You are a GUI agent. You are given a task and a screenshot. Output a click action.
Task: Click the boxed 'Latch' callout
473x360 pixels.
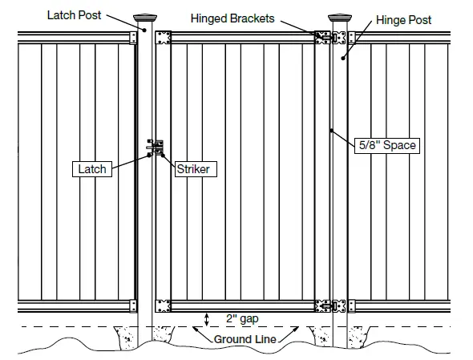tap(92, 169)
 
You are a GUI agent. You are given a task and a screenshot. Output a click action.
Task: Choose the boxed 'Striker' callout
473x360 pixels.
tap(192, 169)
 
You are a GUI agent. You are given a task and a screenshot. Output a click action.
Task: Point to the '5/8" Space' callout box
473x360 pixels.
tap(387, 146)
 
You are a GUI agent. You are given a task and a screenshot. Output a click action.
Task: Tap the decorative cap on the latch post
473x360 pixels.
tap(144, 18)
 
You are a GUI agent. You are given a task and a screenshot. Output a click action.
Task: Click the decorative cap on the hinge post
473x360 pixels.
tap(340, 18)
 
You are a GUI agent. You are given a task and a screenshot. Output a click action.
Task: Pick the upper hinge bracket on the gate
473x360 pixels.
tap(325, 38)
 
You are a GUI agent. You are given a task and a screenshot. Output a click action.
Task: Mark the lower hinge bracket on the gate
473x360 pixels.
tap(325, 305)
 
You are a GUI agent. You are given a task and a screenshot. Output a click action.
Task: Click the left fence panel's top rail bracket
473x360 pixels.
tap(132, 38)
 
